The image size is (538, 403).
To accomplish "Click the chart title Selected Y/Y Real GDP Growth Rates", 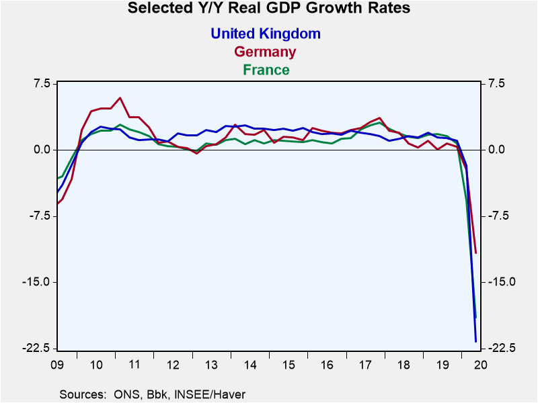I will (268, 9).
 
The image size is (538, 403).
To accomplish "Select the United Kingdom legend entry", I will (266, 33).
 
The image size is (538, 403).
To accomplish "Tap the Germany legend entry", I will (265, 52).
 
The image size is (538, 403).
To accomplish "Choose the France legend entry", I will (266, 70).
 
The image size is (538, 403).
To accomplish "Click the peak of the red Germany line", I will (120, 98).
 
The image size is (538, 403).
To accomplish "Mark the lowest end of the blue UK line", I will (475, 342).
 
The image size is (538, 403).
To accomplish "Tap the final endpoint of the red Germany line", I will (475, 253).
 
